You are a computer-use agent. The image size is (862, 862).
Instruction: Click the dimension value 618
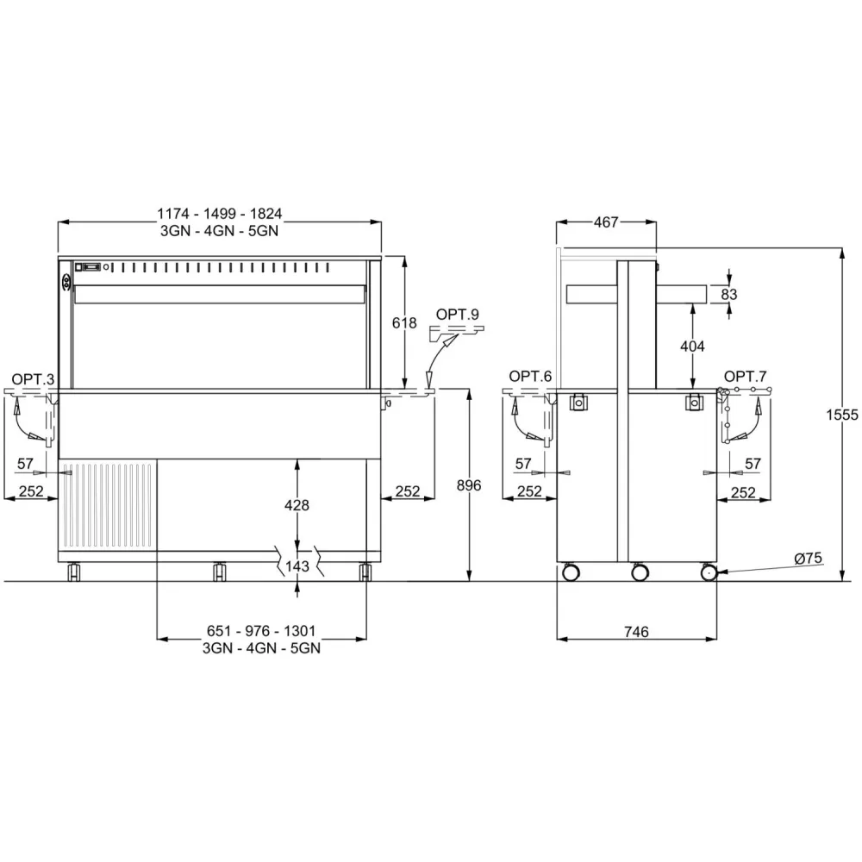[404, 323]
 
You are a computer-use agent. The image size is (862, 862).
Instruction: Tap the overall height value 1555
[846, 415]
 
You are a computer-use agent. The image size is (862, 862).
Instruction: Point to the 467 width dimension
[606, 222]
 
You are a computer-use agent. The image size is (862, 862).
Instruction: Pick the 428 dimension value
[297, 505]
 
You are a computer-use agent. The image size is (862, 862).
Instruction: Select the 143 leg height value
[297, 565]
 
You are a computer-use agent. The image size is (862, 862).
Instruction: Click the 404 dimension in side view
[692, 346]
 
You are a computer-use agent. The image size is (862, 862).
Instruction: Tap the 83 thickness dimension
[729, 294]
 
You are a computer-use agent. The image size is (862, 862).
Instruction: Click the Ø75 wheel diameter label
[808, 559]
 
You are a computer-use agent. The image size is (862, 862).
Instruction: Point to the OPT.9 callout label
[457, 314]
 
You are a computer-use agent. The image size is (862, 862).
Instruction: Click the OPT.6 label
[529, 376]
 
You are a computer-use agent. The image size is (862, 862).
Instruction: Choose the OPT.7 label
[745, 376]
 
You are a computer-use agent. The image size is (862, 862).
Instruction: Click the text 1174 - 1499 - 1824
[220, 214]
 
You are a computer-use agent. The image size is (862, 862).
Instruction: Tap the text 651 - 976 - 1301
[257, 632]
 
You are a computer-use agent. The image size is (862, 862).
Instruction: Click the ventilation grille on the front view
[108, 506]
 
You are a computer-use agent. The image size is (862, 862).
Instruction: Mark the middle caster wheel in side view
[640, 572]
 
